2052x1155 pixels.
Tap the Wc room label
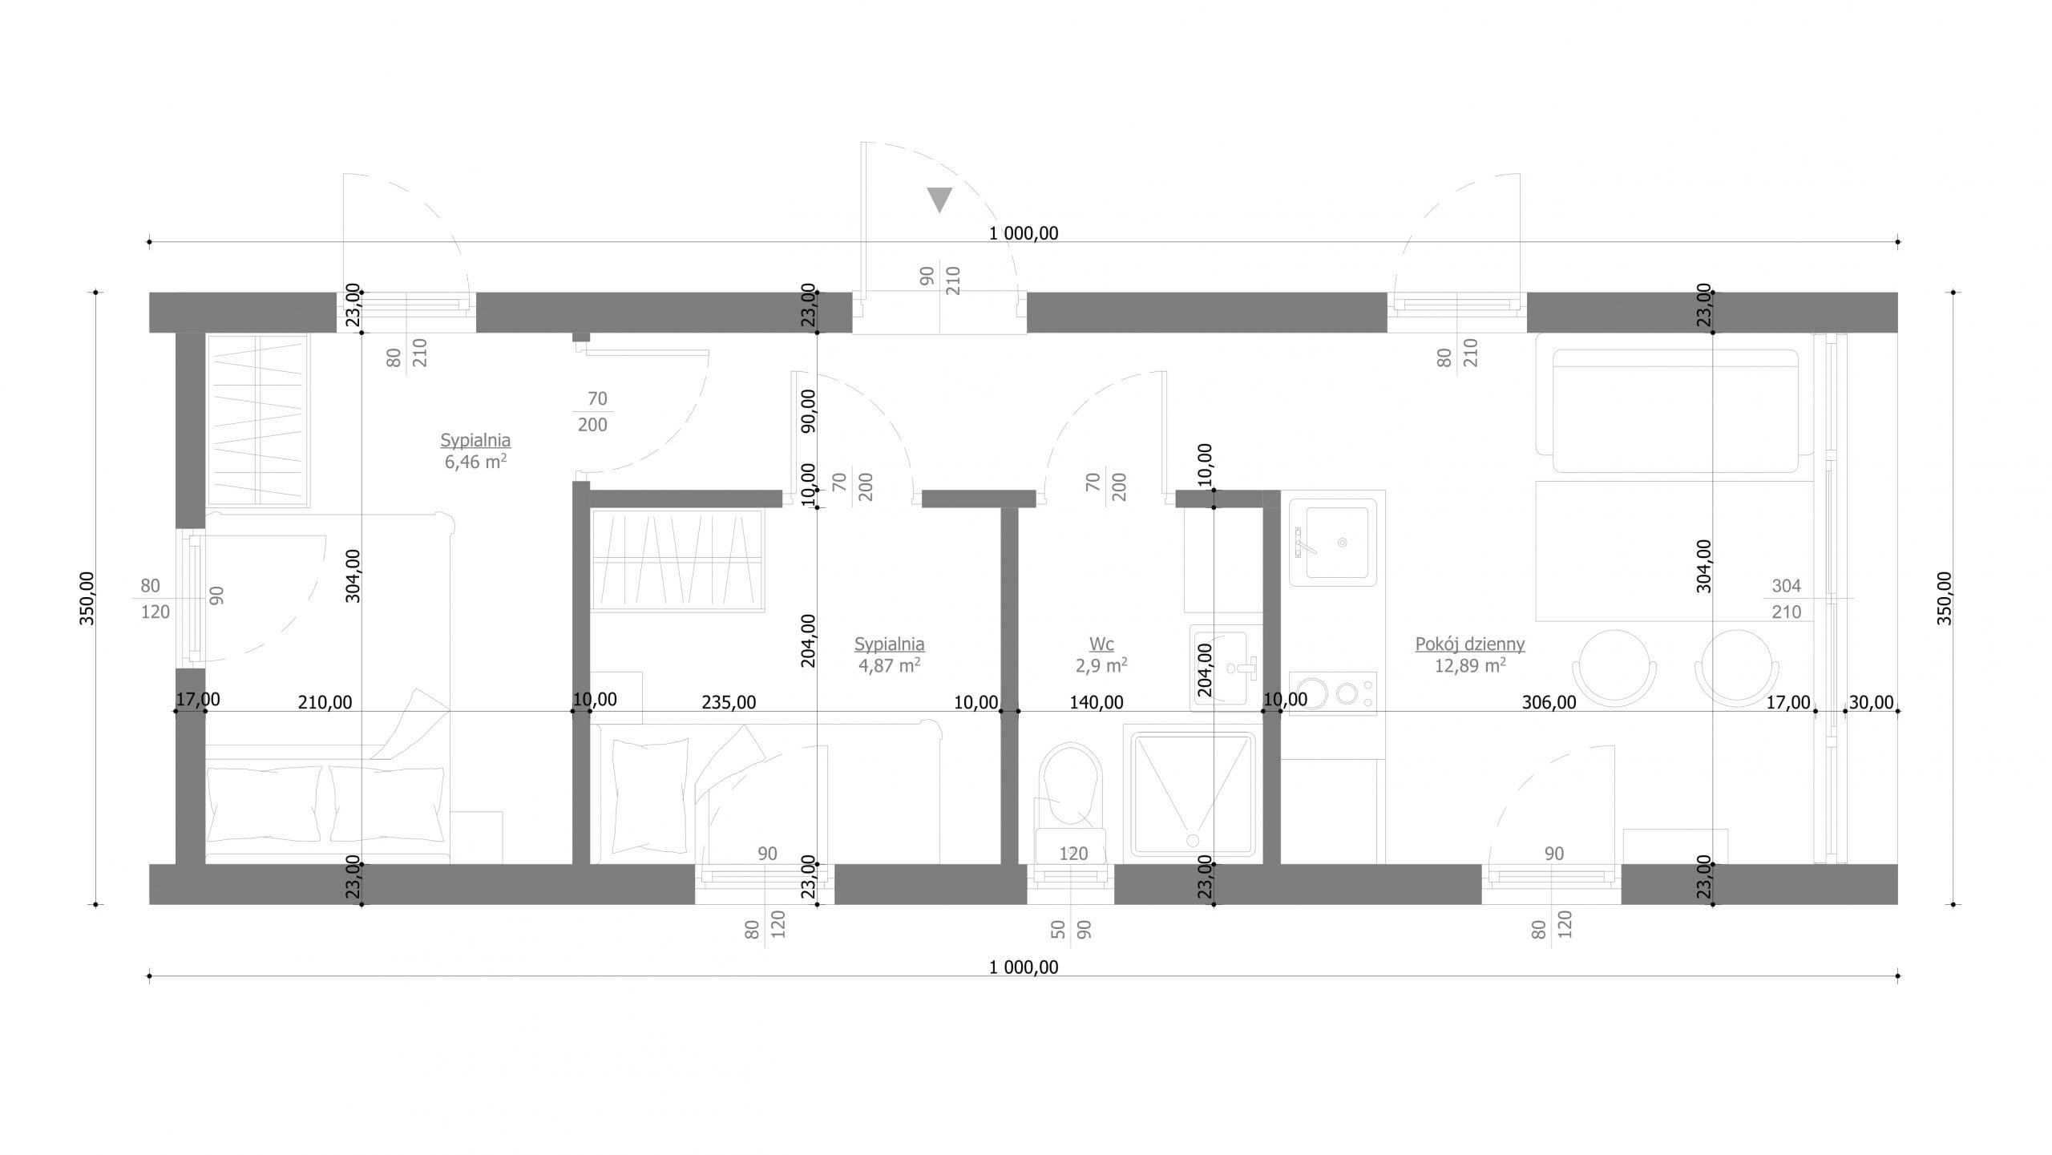[1101, 644]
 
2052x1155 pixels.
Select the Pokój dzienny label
[1470, 644]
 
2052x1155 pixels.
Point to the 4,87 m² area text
[889, 664]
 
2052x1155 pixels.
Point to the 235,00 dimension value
[729, 702]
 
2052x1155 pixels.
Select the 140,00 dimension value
[1097, 702]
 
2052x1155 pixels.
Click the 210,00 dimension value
[325, 702]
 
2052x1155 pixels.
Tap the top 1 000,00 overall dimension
[1024, 233]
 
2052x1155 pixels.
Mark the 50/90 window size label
[1071, 930]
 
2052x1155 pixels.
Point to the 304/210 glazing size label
[1786, 599]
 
